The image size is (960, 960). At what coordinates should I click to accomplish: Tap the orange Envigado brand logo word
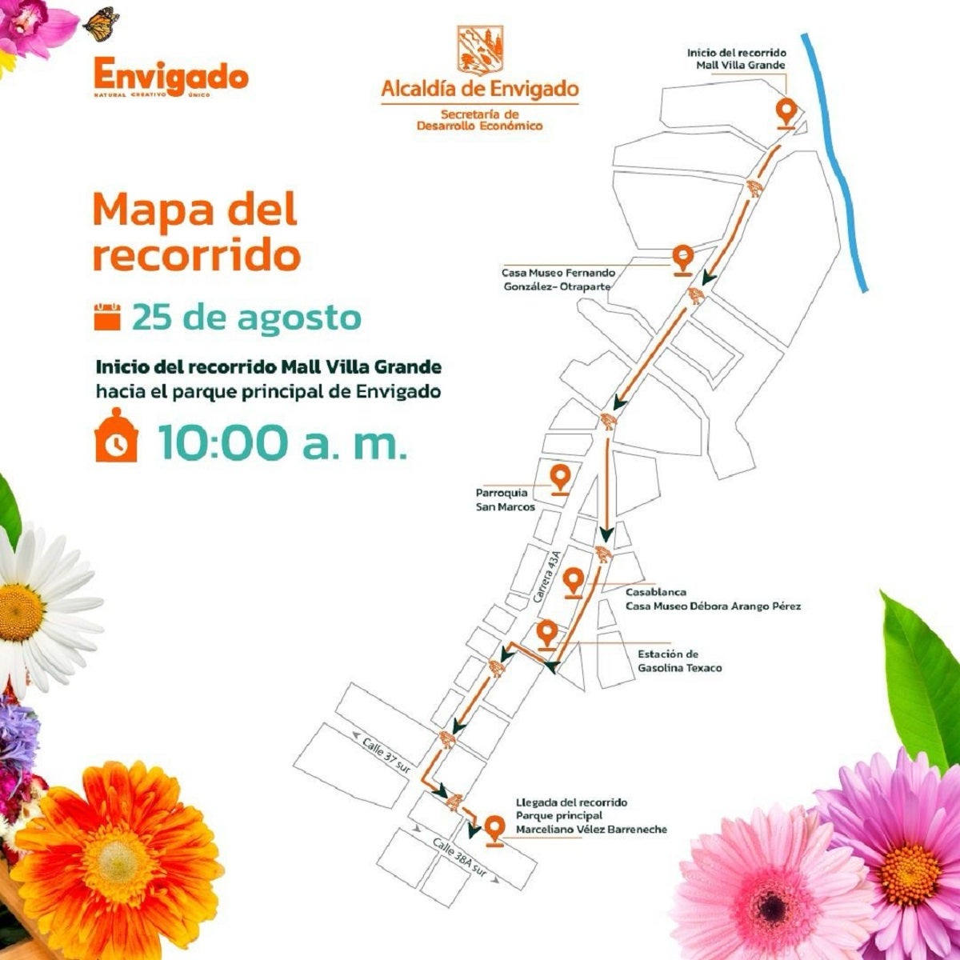(170, 76)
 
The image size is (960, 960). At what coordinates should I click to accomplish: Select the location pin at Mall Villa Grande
(786, 113)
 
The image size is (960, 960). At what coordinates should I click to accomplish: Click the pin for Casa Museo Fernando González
(682, 258)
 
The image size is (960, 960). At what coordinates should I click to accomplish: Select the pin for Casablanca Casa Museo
(573, 582)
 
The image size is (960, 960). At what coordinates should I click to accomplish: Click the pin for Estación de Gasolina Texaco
(547, 634)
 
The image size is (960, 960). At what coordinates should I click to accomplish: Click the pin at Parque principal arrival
(495, 829)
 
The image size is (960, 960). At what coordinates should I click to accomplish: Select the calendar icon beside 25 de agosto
(107, 316)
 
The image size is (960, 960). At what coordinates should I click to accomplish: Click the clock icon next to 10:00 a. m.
(117, 438)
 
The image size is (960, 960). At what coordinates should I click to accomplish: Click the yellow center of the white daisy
(20, 612)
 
